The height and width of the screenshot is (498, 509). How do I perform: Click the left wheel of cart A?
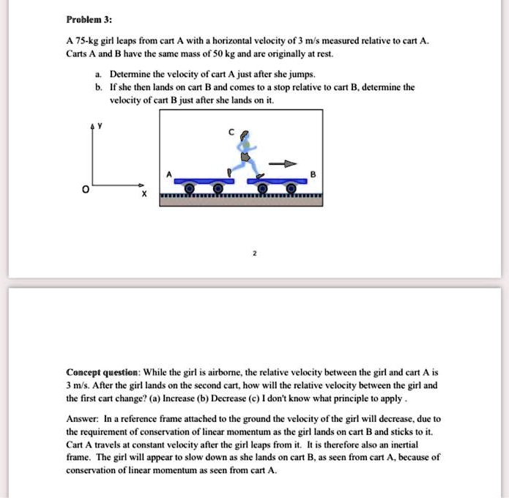[188, 190]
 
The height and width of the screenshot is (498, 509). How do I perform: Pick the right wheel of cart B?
[291, 190]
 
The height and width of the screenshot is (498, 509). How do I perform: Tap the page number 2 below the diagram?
[254, 253]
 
